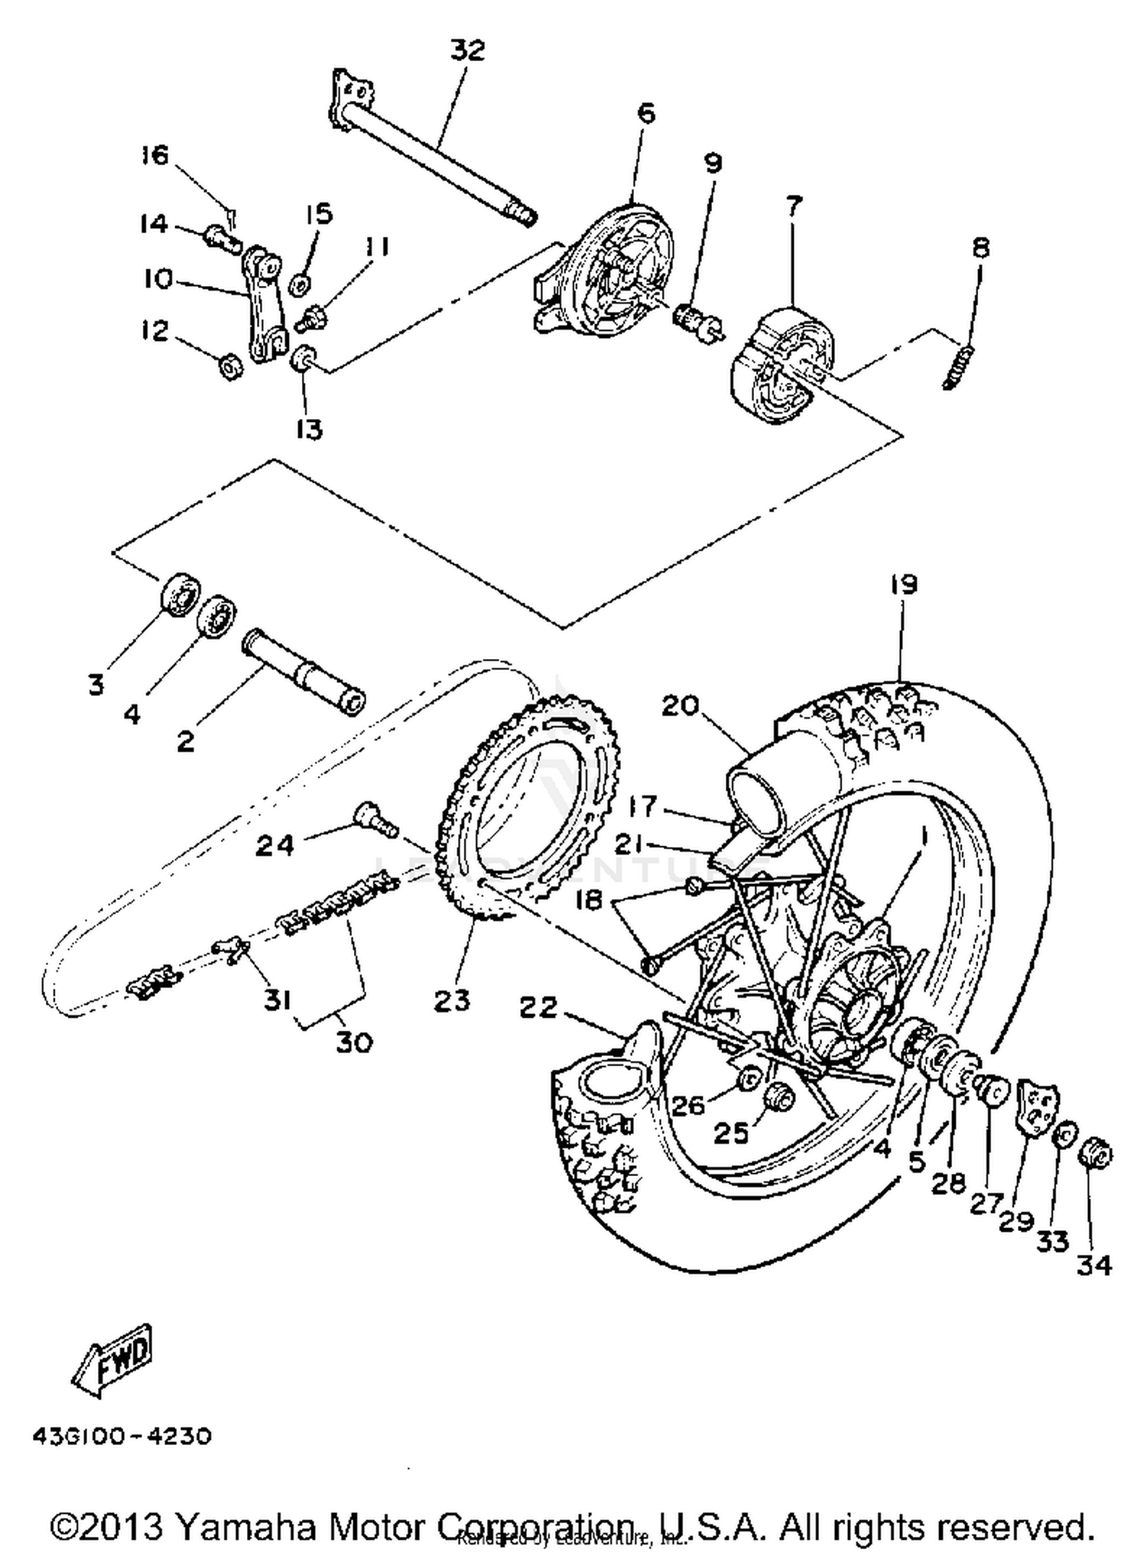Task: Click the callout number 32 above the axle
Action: (x=467, y=50)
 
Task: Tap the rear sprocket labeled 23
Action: (x=528, y=803)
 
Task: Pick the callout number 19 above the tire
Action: (x=903, y=585)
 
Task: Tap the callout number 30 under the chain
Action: (x=354, y=1041)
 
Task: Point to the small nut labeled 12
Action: (x=230, y=367)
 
